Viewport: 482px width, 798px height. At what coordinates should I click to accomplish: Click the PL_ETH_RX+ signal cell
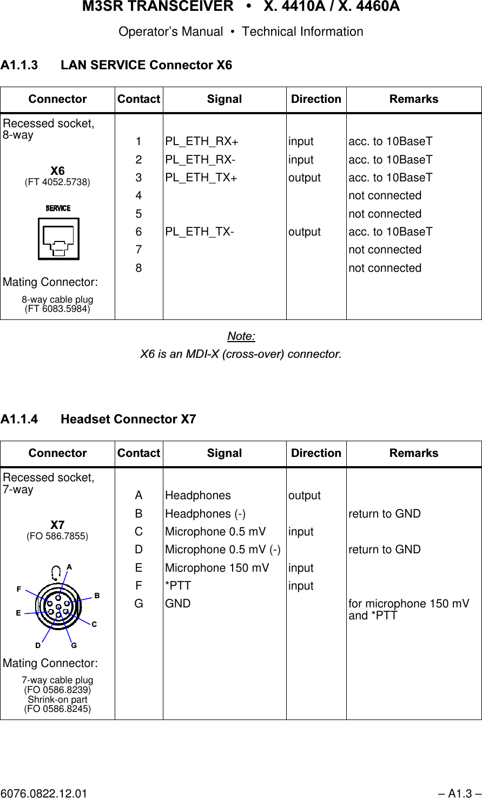[202, 142]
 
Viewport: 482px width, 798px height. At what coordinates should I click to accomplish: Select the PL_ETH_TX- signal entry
[200, 232]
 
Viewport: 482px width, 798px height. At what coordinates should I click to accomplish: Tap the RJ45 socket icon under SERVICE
[58, 239]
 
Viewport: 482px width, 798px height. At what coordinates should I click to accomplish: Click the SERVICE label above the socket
[58, 208]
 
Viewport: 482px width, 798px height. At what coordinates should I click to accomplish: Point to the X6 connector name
[57, 171]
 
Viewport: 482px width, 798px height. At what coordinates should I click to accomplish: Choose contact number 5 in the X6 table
[139, 214]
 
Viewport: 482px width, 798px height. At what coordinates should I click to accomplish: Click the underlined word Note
[241, 336]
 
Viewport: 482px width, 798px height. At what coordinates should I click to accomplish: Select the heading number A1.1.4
[19, 420]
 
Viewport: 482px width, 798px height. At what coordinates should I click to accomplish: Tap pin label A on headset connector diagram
[69, 567]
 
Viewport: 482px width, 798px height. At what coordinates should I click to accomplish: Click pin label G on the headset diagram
[74, 645]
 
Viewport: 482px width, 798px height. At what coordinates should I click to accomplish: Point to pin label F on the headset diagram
[19, 588]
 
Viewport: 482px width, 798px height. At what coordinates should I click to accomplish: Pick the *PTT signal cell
[178, 586]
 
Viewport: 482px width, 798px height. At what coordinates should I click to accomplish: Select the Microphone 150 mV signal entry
[217, 568]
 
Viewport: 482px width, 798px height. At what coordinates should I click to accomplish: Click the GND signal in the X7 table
[178, 604]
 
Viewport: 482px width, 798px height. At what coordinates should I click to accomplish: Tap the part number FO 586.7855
[57, 536]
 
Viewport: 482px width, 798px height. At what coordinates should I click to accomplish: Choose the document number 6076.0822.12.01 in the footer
[44, 794]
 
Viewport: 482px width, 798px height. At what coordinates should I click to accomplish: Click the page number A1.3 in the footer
[459, 794]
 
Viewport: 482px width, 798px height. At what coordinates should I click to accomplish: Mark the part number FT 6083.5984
[57, 309]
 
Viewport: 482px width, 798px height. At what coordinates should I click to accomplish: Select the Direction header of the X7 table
[316, 453]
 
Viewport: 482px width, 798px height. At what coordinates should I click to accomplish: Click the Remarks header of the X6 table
[414, 99]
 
